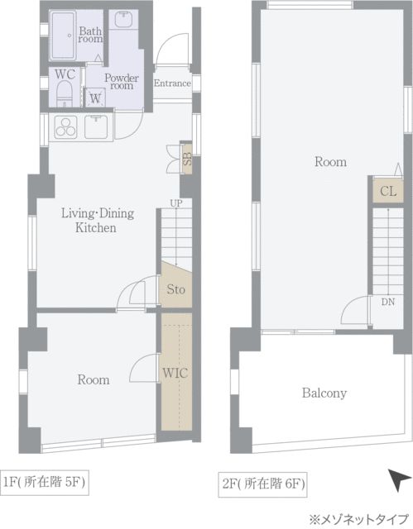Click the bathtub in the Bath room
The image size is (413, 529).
(63, 36)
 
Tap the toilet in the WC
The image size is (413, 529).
(65, 93)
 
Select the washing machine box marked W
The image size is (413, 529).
(95, 98)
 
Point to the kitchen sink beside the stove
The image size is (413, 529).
(96, 126)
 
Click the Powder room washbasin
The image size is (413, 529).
(123, 20)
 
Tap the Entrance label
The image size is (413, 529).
(172, 83)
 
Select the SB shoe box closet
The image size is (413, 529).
(187, 158)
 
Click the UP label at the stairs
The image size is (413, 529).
(176, 203)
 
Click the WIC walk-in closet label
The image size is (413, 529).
(175, 373)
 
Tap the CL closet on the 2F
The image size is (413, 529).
(388, 191)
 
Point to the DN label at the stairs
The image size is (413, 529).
(387, 302)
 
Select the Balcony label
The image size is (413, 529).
(324, 393)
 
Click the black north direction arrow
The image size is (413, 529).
(399, 479)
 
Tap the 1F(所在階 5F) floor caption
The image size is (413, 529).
(44, 482)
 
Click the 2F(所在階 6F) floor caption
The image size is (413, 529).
(262, 484)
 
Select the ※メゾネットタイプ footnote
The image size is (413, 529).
(359, 518)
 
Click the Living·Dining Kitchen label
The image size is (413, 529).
(98, 221)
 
